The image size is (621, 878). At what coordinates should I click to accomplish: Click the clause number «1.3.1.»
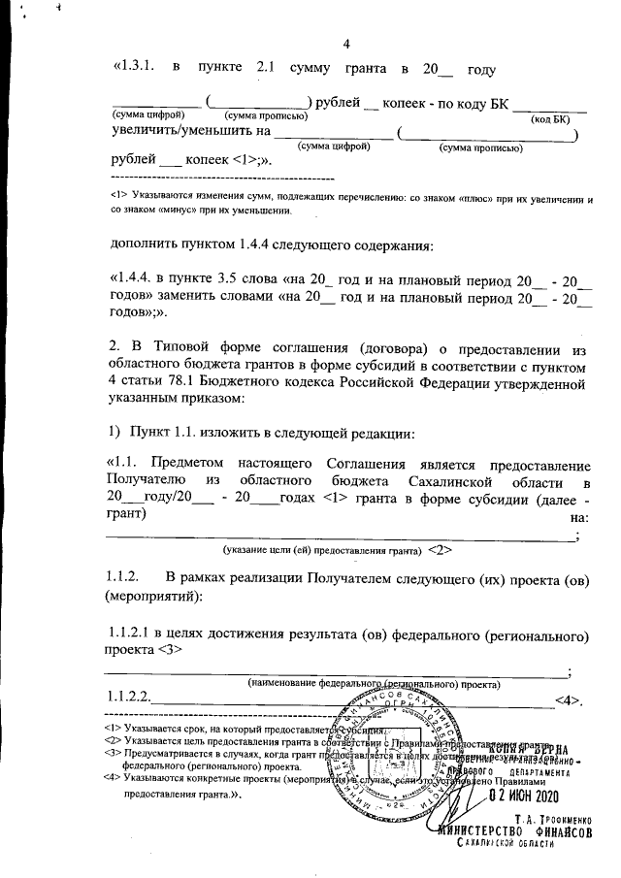[x=136, y=69]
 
